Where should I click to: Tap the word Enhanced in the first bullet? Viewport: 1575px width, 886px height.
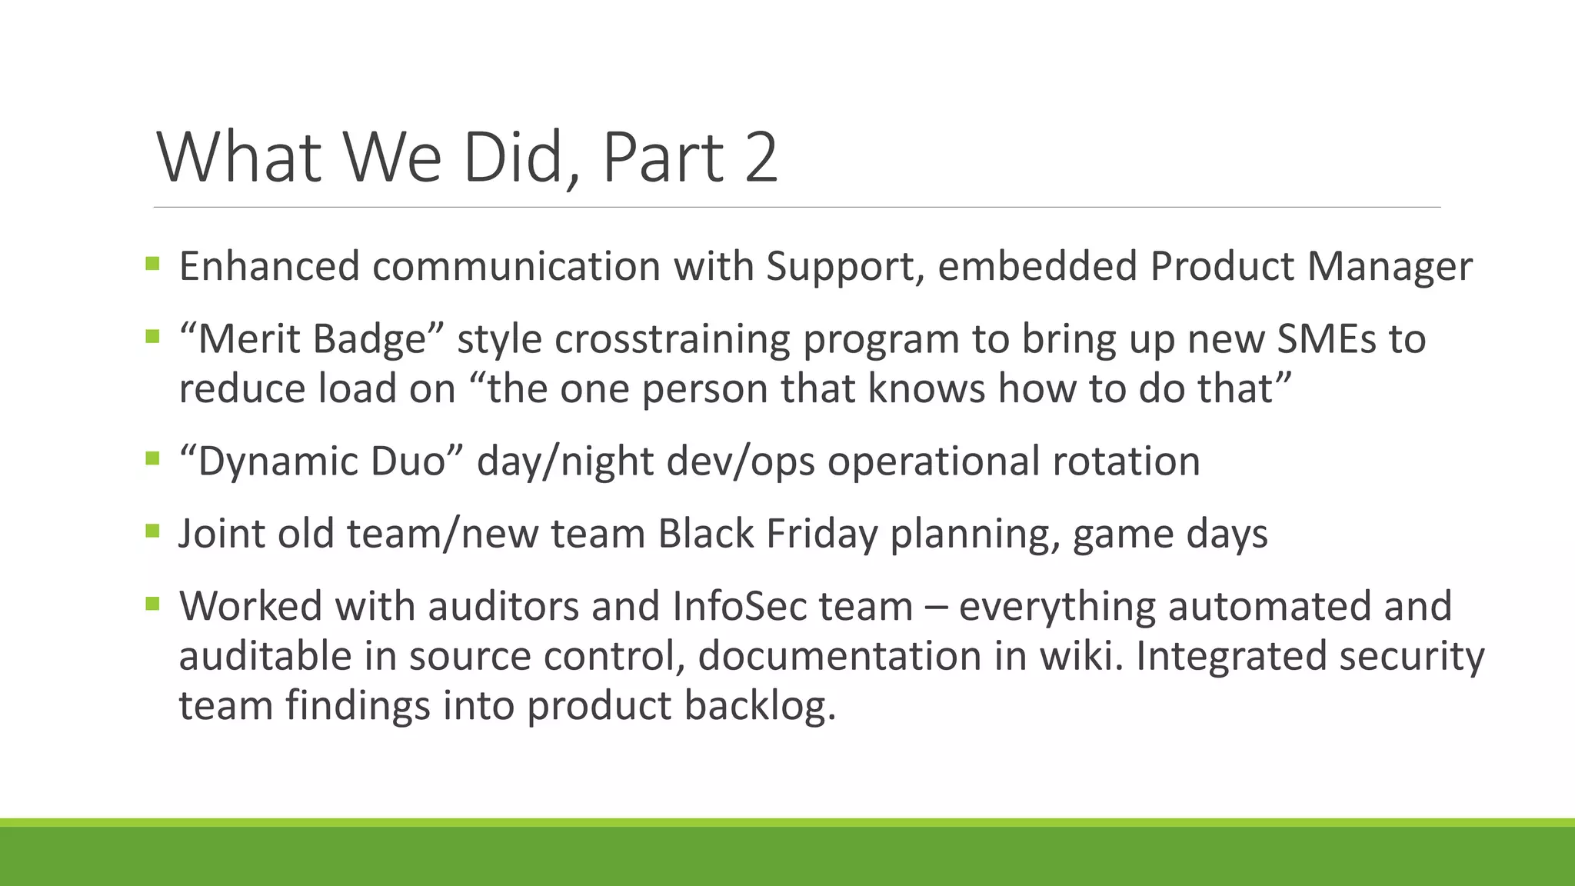[269, 267]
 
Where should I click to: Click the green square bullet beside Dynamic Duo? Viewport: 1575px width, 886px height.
[152, 459]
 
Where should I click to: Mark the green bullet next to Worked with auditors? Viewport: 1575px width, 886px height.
[152, 604]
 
